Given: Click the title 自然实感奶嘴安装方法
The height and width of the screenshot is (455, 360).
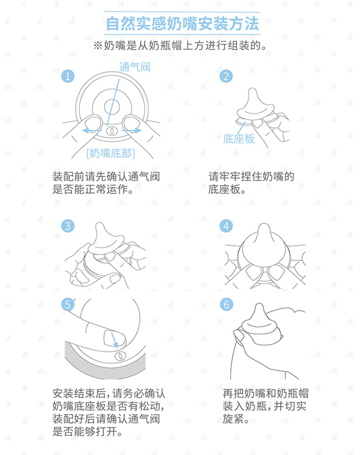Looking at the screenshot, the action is point(182,24).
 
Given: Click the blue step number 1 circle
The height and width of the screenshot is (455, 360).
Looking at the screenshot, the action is point(68,76).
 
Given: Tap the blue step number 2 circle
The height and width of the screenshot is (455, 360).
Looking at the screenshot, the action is point(226,76).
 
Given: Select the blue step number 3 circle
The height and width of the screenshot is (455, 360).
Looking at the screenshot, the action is point(68,226).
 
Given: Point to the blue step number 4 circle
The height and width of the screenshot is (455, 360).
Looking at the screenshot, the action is point(226,226).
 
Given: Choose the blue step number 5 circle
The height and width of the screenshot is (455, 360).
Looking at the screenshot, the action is point(68,305).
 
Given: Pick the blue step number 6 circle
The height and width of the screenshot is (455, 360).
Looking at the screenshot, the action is point(226,305).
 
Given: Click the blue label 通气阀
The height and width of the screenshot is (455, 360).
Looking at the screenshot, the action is point(135,67).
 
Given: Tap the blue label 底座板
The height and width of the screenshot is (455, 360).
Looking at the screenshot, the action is point(239,139).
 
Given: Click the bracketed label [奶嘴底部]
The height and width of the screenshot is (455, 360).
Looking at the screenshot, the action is point(111,153).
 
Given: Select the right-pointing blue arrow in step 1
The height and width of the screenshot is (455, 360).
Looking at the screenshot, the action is point(132,130).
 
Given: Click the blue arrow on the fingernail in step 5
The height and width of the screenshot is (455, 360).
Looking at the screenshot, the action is point(115,340).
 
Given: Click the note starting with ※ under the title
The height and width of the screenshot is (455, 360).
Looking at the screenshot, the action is point(180,46).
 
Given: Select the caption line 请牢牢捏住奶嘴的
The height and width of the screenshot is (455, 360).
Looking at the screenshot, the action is point(252,176).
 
